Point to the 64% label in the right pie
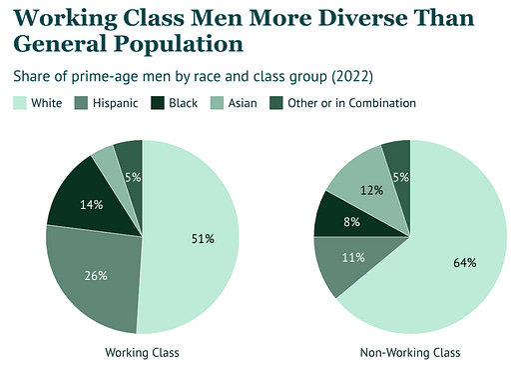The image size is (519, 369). coord(464,262)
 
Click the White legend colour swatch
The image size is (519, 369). coord(20,103)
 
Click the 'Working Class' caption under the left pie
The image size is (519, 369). coord(141,352)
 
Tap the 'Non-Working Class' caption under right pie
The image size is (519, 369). coord(410,352)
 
